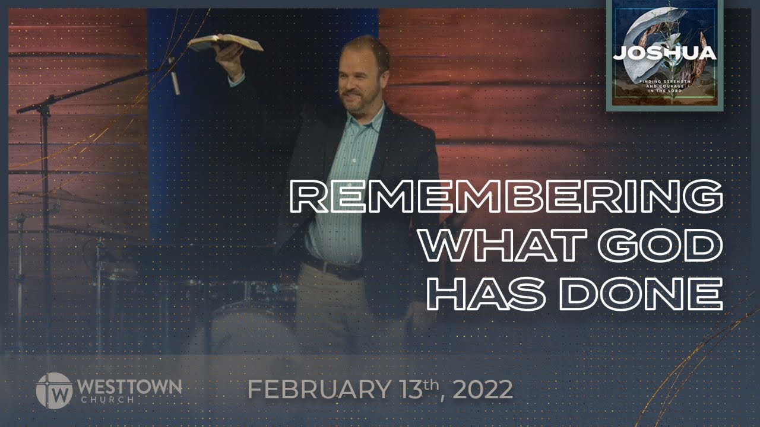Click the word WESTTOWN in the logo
point(129,387)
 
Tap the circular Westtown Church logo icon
point(53,391)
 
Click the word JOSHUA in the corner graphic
point(664,53)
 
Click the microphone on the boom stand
point(174,77)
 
